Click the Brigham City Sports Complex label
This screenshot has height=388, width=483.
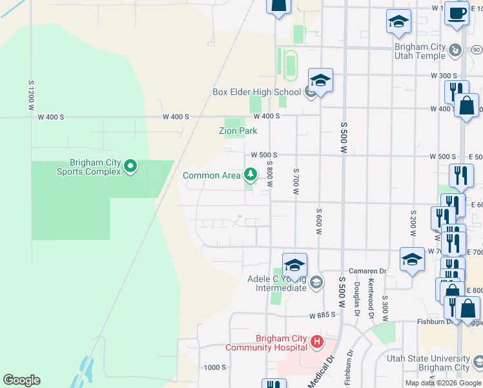coord(88,167)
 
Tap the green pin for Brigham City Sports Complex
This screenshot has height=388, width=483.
coord(130,167)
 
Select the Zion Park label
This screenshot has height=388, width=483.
coord(238,131)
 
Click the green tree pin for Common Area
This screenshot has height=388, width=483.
coord(250,174)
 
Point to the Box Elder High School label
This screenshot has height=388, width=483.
coord(256,92)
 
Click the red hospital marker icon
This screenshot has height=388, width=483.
coord(316,341)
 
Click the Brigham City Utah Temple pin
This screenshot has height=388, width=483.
coord(455,50)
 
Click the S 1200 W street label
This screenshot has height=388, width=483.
coord(30,96)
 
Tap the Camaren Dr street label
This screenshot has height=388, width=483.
coord(369,272)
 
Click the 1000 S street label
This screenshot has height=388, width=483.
coord(214,367)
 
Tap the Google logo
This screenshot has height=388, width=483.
coord(21,380)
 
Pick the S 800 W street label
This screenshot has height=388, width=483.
coord(269,174)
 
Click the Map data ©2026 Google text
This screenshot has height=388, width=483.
coord(443,383)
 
